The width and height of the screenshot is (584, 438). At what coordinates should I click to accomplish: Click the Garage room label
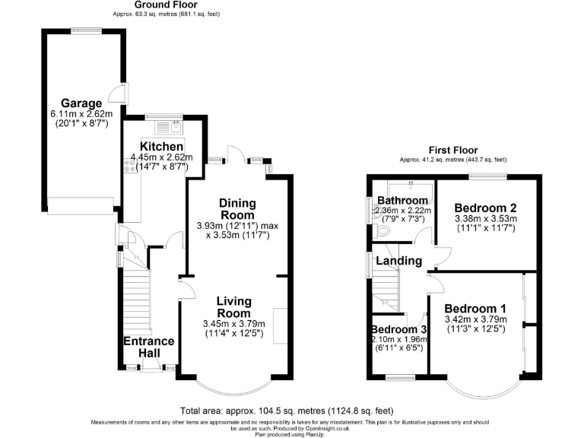point(81,103)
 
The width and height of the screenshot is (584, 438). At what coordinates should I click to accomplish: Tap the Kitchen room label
point(161,147)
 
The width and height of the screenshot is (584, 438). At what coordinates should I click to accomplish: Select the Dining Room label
point(237,209)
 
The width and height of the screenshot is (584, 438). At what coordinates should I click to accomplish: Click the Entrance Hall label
point(149,348)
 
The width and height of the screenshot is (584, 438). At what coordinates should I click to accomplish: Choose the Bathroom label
point(402,201)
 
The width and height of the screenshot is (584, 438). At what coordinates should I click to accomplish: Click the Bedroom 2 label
point(485,208)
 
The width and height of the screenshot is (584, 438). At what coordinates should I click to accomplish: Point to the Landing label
point(401,261)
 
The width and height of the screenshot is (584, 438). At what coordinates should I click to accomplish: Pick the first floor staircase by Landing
point(386,289)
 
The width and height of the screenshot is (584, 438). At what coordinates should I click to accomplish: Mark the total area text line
point(287,411)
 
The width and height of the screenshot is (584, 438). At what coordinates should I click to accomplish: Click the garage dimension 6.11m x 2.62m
point(81,115)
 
